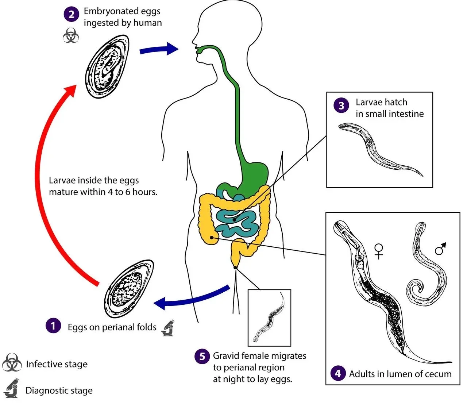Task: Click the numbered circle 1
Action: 53,325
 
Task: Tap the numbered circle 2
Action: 72,14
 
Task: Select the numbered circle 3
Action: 341,106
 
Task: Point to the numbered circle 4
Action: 338,373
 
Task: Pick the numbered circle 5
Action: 202,356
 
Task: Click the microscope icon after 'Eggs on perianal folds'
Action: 168,327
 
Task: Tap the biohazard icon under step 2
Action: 71,35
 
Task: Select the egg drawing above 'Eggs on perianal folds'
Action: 128,288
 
